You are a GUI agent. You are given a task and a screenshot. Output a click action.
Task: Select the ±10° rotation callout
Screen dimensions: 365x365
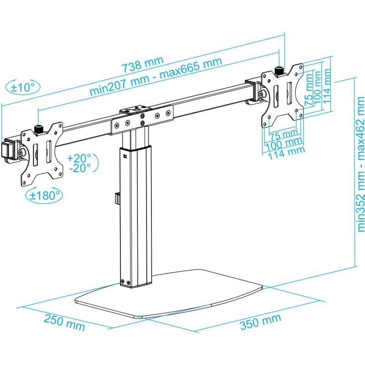click(22, 87)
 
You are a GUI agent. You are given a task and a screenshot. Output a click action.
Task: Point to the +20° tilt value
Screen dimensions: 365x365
click(78, 158)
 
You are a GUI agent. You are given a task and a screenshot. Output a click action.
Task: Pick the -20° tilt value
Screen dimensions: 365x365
click(80, 168)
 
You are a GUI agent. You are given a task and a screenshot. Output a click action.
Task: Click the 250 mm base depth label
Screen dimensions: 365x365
click(64, 322)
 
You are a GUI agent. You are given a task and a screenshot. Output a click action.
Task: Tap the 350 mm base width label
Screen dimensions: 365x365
click(260, 322)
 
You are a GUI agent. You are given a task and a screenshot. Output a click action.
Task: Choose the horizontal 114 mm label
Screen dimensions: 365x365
click(287, 153)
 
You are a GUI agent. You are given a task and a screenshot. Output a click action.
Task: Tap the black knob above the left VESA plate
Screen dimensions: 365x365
click(38, 130)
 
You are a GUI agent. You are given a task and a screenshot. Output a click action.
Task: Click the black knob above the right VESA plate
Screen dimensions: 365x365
click(278, 71)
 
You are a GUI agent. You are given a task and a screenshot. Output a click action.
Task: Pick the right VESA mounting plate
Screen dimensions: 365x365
click(282, 95)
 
